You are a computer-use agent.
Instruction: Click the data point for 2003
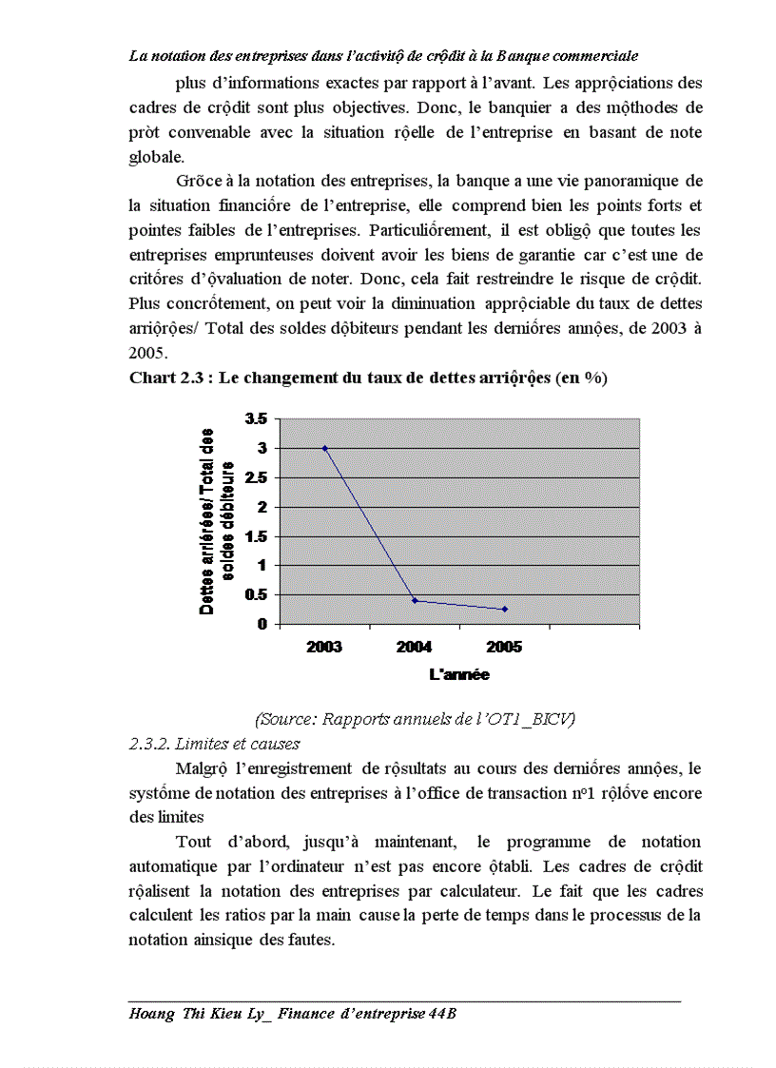(324, 448)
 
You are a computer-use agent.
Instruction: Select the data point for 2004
(415, 600)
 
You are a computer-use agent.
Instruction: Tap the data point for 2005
(504, 609)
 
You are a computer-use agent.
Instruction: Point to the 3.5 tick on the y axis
(256, 418)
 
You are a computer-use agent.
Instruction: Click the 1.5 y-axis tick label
(256, 536)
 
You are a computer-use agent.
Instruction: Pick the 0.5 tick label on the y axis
(256, 595)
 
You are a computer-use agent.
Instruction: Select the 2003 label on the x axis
(324, 647)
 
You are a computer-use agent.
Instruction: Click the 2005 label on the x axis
(504, 647)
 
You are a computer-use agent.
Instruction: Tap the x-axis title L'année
(459, 674)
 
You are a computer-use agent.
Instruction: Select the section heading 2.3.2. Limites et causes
(215, 744)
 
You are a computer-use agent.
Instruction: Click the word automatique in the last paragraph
(172, 867)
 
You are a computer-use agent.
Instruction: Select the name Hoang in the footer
(150, 1014)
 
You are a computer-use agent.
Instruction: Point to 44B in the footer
(443, 1014)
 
